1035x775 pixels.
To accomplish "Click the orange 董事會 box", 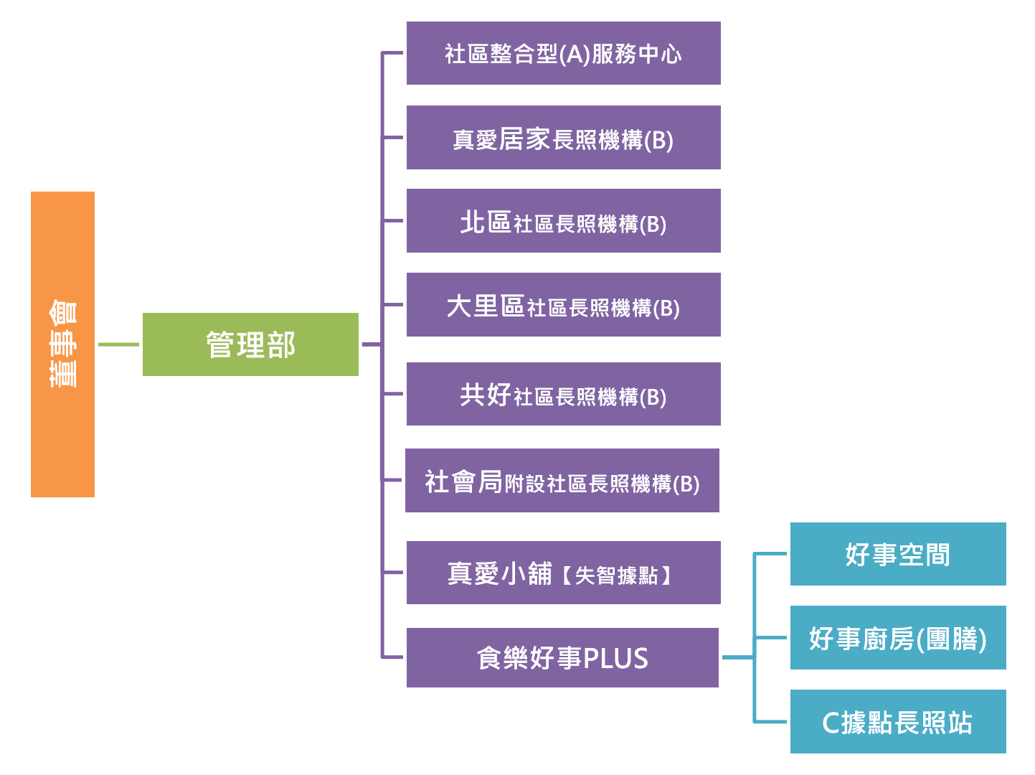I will pos(62,344).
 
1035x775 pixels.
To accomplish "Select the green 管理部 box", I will pos(250,344).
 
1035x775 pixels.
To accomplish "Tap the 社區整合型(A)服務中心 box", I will pos(563,53).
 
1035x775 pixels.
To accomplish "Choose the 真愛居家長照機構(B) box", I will pos(563,138).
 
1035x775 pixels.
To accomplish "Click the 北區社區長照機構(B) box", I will pos(563,221).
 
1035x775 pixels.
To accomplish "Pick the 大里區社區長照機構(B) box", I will pos(563,305).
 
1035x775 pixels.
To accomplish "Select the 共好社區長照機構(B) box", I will pos(563,394).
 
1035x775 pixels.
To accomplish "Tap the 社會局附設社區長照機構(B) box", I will pos(562,481).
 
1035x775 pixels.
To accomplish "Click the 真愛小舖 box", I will pos(563,573).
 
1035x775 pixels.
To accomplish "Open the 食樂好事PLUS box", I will pos(562,657).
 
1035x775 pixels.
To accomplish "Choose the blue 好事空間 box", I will pos(898,554).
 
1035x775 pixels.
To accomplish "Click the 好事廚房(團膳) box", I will pos(898,638).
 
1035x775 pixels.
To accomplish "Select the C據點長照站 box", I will pos(898,722).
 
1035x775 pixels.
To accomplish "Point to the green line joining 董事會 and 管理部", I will pos(118,344).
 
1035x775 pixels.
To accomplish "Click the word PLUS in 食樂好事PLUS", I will pos(615,658).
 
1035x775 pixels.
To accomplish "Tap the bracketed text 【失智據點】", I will pos(616,575).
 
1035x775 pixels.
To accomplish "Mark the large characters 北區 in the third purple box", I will pos(486,222).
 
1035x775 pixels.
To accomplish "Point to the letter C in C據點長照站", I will pos(831,723).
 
